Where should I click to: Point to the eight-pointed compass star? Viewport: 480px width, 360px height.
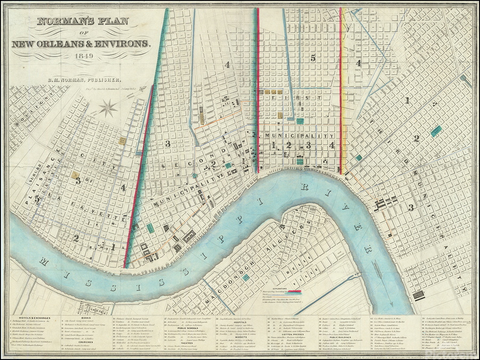[108, 108]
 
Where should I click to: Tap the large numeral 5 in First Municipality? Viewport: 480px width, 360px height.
[314, 57]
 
